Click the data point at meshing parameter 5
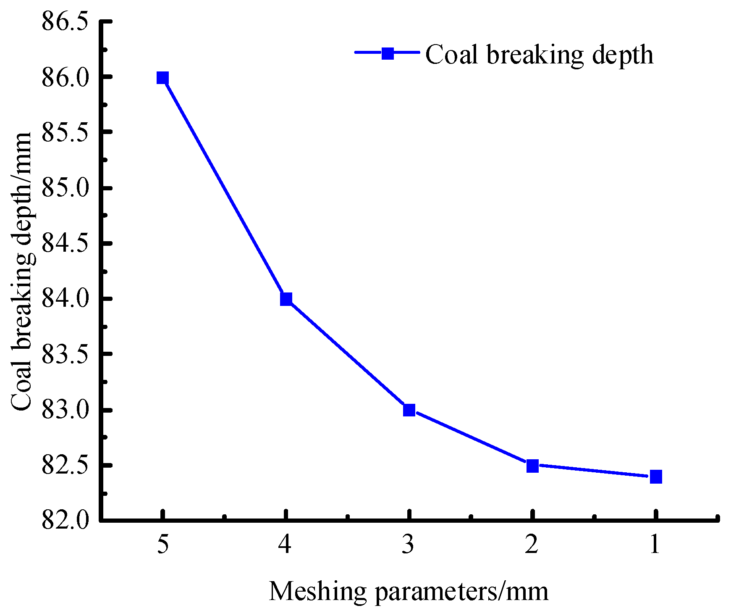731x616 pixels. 162,78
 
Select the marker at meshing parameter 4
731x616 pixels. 286,299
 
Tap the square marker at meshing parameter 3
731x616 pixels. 409,410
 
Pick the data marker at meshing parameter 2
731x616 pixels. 532,466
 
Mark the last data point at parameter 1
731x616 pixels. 656,477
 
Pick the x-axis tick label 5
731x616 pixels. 163,545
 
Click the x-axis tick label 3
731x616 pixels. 409,545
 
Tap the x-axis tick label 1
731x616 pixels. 655,545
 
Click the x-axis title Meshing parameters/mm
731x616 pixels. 408,592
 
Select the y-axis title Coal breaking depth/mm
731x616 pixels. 22,271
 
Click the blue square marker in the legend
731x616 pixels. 388,53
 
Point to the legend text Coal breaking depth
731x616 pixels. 539,55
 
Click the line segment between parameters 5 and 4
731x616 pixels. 224,189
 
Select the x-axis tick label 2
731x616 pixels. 532,545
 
